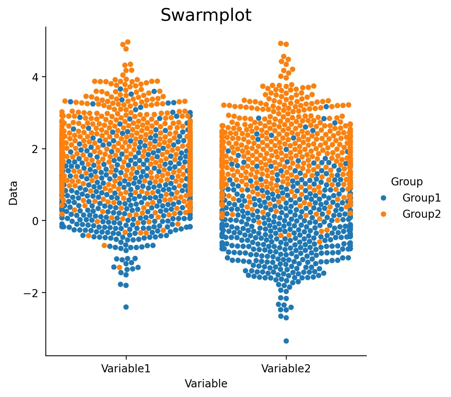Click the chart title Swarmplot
point(206,15)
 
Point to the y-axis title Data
point(13,193)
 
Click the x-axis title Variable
point(206,384)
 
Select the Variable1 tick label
point(126,368)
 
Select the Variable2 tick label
point(286,368)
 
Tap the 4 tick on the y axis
point(35,77)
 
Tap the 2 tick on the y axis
point(35,149)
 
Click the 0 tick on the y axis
point(35,221)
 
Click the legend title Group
point(407,182)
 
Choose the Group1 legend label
point(421,198)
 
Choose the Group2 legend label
point(421,214)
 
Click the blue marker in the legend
point(383,198)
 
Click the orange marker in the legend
point(383,214)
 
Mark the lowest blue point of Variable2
point(286,341)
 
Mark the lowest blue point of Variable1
point(126,307)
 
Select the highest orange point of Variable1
point(128,42)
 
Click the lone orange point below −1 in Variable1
point(120,267)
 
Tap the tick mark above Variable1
point(126,358)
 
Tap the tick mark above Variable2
point(286,358)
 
